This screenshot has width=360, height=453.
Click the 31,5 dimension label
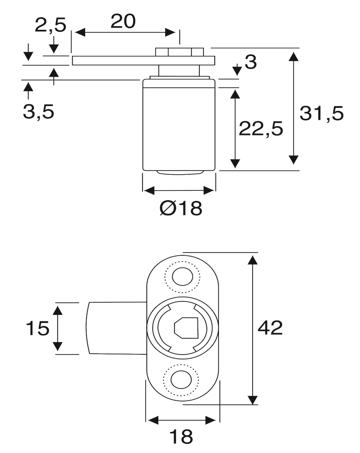point(322,114)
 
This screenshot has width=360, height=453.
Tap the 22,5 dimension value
point(261,129)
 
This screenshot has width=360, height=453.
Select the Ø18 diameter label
point(180,209)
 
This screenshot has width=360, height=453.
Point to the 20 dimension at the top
point(123,21)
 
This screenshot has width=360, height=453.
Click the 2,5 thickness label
point(51,25)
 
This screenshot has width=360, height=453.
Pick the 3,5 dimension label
point(38,111)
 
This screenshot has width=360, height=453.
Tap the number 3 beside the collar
point(250,63)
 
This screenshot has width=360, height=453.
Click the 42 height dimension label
point(270,327)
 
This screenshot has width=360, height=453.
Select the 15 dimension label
point(37,328)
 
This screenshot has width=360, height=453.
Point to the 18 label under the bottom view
point(181,437)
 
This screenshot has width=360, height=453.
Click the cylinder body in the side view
point(179,125)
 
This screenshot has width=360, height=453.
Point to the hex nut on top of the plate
point(179,52)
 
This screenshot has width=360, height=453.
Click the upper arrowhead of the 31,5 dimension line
point(294,57)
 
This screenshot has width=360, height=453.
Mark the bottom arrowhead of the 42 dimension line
point(252,400)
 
